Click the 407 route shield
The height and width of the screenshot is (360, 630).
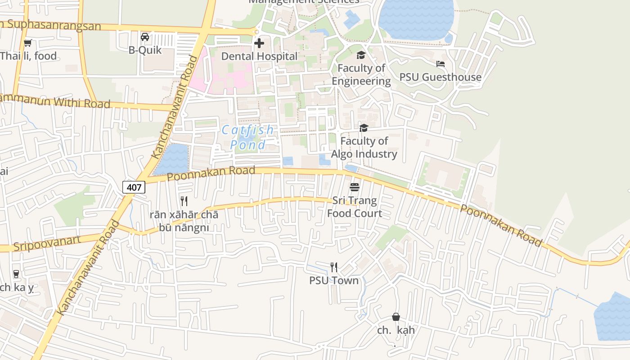[134, 187]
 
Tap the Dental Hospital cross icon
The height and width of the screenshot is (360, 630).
[259, 43]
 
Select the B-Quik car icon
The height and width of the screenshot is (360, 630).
[145, 37]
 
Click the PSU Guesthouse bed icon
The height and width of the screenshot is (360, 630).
[441, 64]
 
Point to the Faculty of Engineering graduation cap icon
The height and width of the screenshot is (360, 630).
[361, 55]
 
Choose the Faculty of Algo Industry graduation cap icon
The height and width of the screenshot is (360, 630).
[364, 128]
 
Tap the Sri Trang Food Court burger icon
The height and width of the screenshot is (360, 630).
[355, 187]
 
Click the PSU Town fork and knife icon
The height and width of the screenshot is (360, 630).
[333, 267]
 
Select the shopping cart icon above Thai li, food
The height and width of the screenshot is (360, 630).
[28, 43]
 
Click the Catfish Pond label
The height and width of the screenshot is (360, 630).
[247, 137]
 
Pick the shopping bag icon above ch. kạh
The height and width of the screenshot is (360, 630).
[396, 317]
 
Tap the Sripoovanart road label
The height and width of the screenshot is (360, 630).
[47, 243]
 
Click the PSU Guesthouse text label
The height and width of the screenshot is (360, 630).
[440, 77]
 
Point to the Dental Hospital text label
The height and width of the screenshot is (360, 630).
[259, 56]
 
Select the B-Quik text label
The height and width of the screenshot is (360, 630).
[145, 50]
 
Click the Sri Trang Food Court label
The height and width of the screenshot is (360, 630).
[355, 207]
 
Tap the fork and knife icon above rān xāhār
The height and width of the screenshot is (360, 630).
[184, 201]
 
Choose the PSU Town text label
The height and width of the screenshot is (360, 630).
[333, 280]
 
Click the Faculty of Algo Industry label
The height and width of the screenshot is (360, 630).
[364, 148]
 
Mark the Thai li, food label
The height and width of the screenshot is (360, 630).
[28, 56]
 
